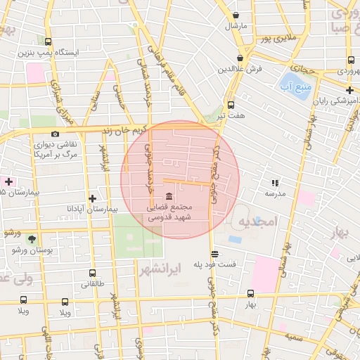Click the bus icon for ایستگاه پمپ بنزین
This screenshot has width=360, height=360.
point(48,41)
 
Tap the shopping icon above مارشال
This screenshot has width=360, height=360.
point(236,15)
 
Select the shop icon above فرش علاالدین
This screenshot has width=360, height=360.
point(240,58)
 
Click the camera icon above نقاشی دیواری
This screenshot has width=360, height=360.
point(56,134)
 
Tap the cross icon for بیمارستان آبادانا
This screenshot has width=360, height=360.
point(92,198)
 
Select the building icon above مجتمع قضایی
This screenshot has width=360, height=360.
point(168,197)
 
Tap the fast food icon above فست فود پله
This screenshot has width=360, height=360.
point(214,254)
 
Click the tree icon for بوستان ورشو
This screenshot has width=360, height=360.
point(32,239)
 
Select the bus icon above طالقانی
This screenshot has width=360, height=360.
point(92,274)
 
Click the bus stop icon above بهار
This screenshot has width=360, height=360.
point(251,294)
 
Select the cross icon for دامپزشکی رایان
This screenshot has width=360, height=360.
point(349,90)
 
